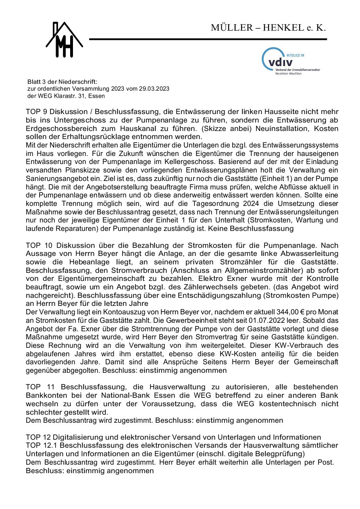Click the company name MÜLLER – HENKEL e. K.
[x=268, y=28]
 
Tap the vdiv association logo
[x=290, y=62]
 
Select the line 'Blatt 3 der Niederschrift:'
[x=60, y=82]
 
